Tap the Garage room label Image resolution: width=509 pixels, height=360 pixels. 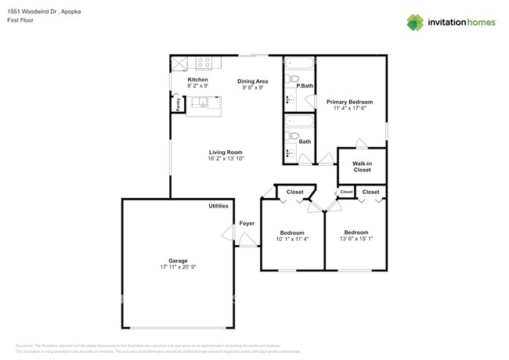[x=179, y=261]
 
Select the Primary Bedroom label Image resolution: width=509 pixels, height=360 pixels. [x=349, y=102]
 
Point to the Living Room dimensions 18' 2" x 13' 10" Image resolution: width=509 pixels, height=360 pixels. [x=226, y=159]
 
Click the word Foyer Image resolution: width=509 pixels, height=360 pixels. [x=247, y=223]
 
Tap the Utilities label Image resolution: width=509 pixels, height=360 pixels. [x=218, y=206]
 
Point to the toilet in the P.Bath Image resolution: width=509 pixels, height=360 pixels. [x=294, y=80]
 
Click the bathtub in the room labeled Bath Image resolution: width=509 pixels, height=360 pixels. [x=298, y=121]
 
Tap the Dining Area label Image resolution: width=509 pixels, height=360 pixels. [x=253, y=81]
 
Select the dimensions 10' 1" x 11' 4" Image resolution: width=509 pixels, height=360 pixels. [x=292, y=239]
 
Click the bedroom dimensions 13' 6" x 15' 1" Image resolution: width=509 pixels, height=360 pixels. [x=356, y=239]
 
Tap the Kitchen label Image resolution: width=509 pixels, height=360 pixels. [x=197, y=80]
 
